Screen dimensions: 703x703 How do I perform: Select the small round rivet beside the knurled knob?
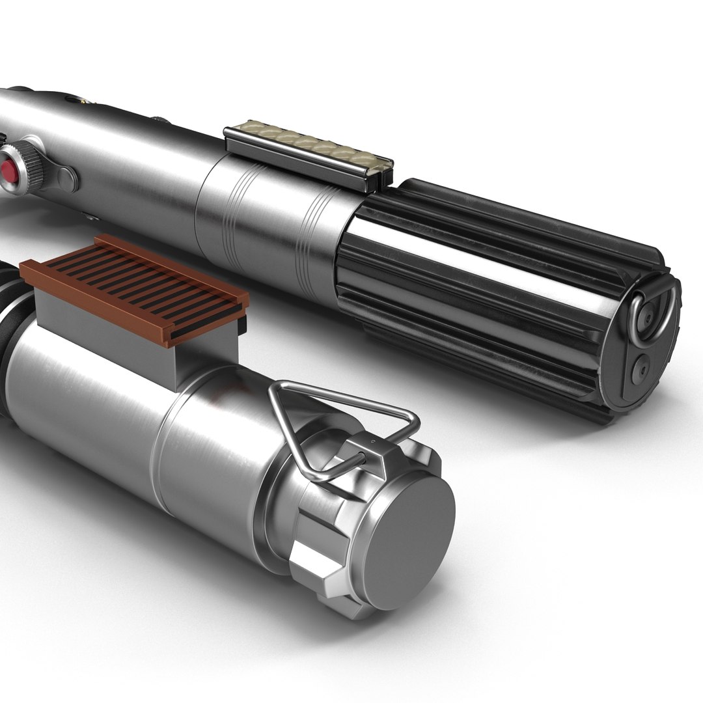(x=66, y=178)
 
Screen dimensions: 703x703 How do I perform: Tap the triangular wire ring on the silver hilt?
(x=338, y=417)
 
